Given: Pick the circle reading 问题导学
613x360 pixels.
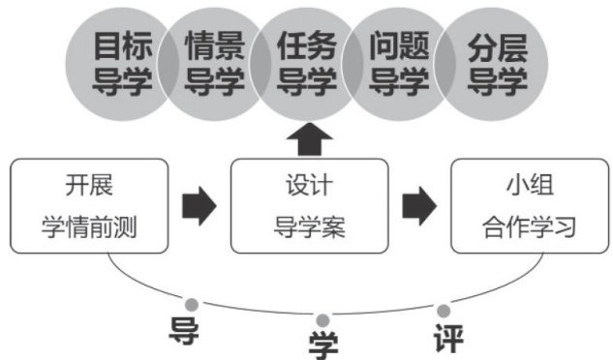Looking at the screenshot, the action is tap(400, 65).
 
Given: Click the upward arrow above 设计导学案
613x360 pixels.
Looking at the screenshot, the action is tap(310, 140).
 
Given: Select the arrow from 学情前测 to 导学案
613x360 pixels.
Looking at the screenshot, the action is tap(199, 206).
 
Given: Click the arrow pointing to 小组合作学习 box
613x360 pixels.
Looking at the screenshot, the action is tap(419, 206).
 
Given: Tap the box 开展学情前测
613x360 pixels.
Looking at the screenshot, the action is tap(89, 206).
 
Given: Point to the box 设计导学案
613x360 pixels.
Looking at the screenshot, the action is tap(310, 206).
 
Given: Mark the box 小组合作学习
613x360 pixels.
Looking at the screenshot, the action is tap(530, 206).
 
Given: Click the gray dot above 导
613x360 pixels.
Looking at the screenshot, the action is tap(192, 305).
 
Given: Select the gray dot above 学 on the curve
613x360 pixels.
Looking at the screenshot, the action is tap(322, 320).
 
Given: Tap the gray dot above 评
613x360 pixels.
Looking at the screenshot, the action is tap(444, 312).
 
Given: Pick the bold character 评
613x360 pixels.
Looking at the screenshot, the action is tap(448, 338).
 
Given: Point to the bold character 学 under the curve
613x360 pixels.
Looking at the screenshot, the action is tap(323, 345).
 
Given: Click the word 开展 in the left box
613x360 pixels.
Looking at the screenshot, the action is tap(89, 185).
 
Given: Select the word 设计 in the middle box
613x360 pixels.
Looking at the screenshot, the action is tap(309, 185).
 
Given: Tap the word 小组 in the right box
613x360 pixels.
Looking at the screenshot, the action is tap(530, 185).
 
